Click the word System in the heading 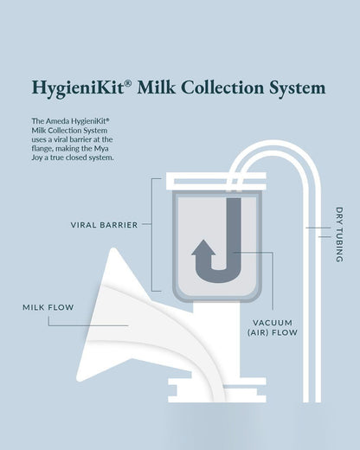(x=299, y=87)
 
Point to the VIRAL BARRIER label (x=104, y=225)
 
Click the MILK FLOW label (x=48, y=307)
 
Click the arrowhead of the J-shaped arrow (x=204, y=248)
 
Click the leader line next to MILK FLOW (x=87, y=325)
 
